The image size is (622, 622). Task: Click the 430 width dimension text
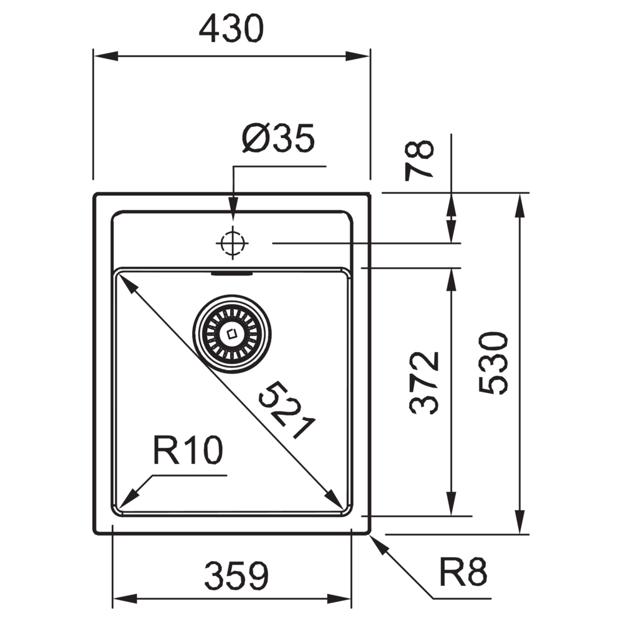point(231,29)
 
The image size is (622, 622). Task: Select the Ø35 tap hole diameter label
point(279,138)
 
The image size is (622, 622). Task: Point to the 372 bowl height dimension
point(424,383)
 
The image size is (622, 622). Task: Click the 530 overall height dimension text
point(493,363)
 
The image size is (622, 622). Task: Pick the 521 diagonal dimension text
point(286,410)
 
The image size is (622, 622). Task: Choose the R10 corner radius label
point(188,450)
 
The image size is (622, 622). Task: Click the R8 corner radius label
point(463,572)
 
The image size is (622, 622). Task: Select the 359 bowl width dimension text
point(236,575)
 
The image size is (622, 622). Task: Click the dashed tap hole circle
point(233,243)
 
